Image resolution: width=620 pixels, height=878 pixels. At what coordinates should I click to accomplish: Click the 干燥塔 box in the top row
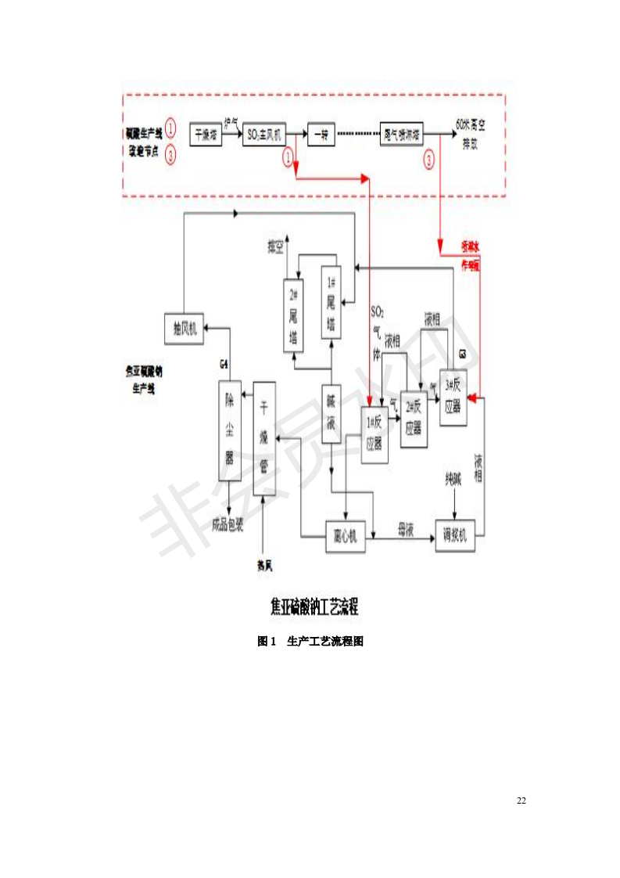coord(206,134)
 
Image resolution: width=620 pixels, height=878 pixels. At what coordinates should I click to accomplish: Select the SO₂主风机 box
coord(265,134)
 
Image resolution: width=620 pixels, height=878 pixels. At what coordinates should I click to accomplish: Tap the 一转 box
coord(321,134)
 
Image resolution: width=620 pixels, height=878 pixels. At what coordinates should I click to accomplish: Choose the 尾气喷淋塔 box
coord(402,134)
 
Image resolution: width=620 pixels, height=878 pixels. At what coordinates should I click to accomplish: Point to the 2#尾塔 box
coord(294,316)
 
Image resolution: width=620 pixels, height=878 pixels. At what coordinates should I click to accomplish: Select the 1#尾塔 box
coord(332,303)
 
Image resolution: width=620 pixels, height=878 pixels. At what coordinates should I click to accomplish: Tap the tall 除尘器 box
coord(230,430)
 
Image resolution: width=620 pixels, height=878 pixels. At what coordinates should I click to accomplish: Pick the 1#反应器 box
coord(375,435)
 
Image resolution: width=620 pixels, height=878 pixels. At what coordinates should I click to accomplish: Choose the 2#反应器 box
coord(414,419)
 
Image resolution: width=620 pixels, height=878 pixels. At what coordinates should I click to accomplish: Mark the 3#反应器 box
coord(453,397)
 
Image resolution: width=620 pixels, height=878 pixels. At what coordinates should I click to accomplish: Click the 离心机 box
coord(345,536)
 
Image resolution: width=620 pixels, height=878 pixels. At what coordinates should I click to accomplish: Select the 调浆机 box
coord(455,536)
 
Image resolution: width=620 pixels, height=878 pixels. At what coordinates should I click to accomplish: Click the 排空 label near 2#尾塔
coord(277,248)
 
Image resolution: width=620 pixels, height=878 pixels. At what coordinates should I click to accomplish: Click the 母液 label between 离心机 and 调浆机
coord(405,530)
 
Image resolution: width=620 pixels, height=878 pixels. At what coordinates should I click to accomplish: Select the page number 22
coord(521,801)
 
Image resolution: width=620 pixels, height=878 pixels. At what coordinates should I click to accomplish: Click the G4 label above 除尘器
coord(224,365)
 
